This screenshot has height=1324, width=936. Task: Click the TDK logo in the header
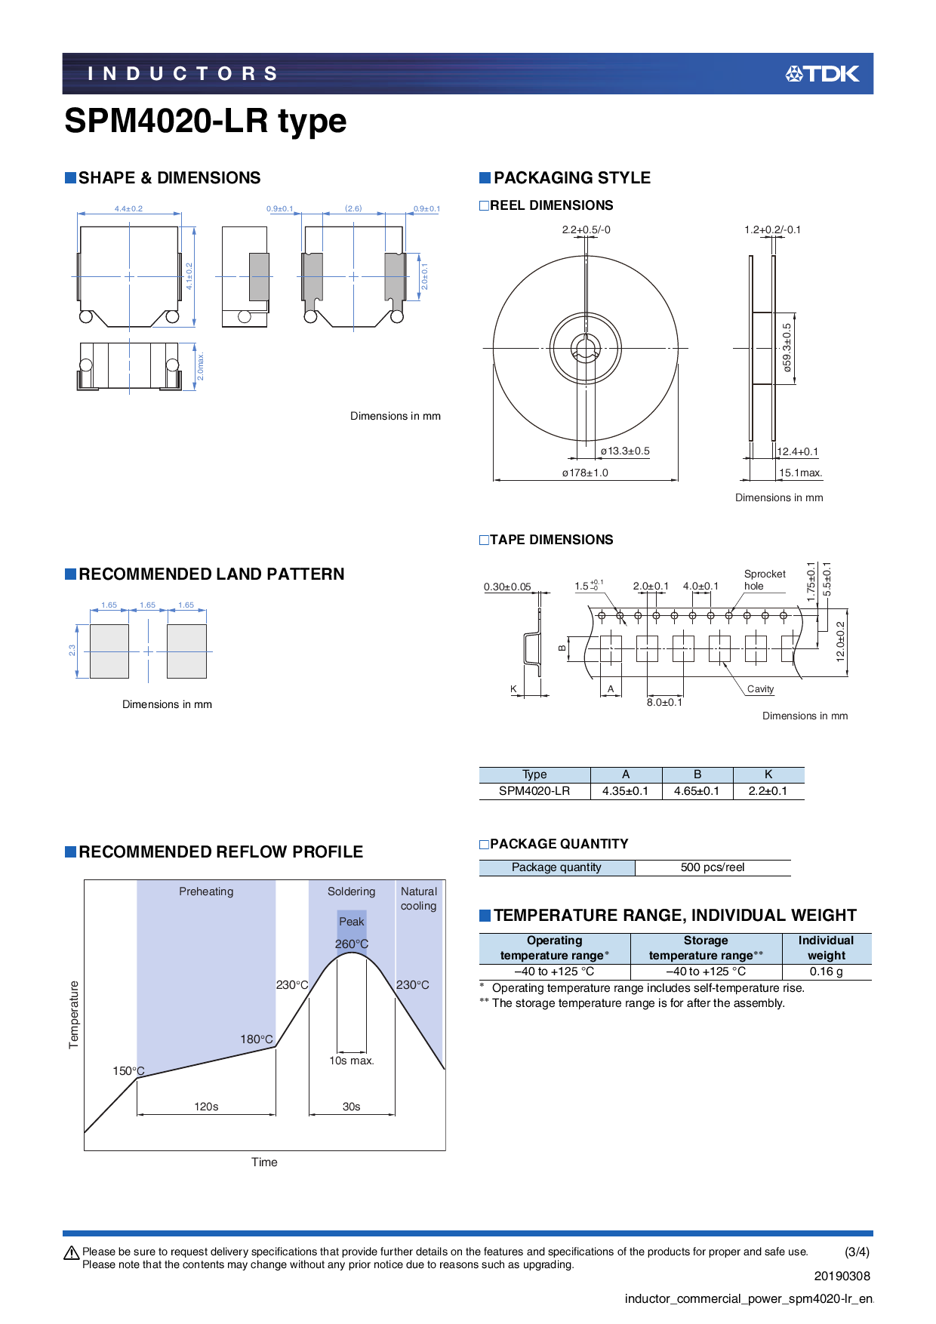click(x=822, y=73)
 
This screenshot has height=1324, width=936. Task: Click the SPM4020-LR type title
click(x=205, y=121)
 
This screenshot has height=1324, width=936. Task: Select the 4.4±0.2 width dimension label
click(x=128, y=208)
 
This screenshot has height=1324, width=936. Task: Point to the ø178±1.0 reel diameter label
click(x=585, y=473)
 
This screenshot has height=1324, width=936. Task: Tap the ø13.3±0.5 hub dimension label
click(x=625, y=451)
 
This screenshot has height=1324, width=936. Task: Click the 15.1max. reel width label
click(x=800, y=473)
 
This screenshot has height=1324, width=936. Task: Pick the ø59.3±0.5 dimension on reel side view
click(x=787, y=348)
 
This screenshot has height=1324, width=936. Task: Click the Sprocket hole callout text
click(x=764, y=580)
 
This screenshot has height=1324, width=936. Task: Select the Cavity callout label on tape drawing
click(x=760, y=688)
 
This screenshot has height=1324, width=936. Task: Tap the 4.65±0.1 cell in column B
click(x=697, y=791)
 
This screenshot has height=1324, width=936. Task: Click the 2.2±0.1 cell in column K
click(x=768, y=791)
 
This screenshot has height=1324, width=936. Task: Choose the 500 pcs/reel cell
click(x=712, y=867)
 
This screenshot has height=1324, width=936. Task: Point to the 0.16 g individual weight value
click(x=826, y=971)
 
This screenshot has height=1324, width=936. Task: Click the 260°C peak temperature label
click(x=352, y=944)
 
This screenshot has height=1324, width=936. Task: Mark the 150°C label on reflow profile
click(x=128, y=1070)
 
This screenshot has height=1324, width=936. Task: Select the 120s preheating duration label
click(x=206, y=1107)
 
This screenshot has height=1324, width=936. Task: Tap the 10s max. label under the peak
click(x=352, y=1061)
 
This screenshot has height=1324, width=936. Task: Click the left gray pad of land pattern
click(x=109, y=651)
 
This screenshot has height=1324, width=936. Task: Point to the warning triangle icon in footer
click(x=72, y=1253)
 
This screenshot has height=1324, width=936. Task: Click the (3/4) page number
click(x=857, y=1252)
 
